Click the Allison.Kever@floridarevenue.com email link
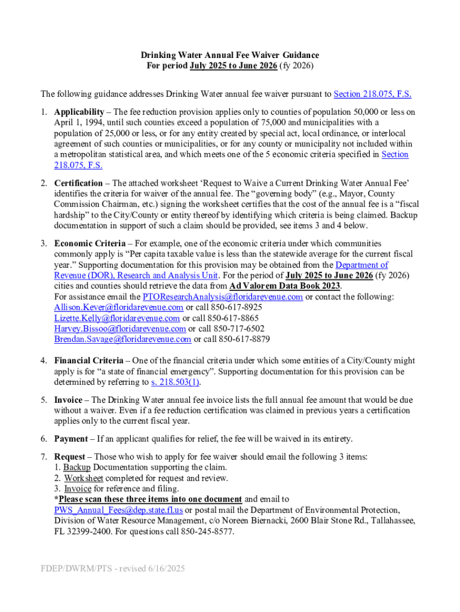pos(117,307)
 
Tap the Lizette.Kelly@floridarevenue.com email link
pos(117,318)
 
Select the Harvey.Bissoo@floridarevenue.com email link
pos(120,329)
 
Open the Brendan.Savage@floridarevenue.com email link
pos(122,339)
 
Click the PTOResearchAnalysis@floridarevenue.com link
pos(223,297)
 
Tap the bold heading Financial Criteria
pos(90,361)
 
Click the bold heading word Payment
pos(71,439)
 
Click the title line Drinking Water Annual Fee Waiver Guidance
pos(230,54)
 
